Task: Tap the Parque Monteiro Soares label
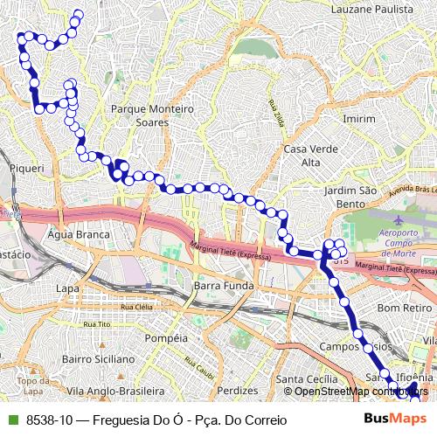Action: click(151, 116)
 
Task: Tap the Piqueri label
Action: click(25, 166)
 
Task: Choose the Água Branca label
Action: click(80, 235)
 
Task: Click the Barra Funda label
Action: click(224, 286)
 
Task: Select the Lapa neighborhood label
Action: click(66, 288)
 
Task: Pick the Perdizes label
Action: click(239, 391)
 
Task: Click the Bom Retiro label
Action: click(400, 308)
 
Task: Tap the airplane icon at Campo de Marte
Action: click(399, 220)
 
